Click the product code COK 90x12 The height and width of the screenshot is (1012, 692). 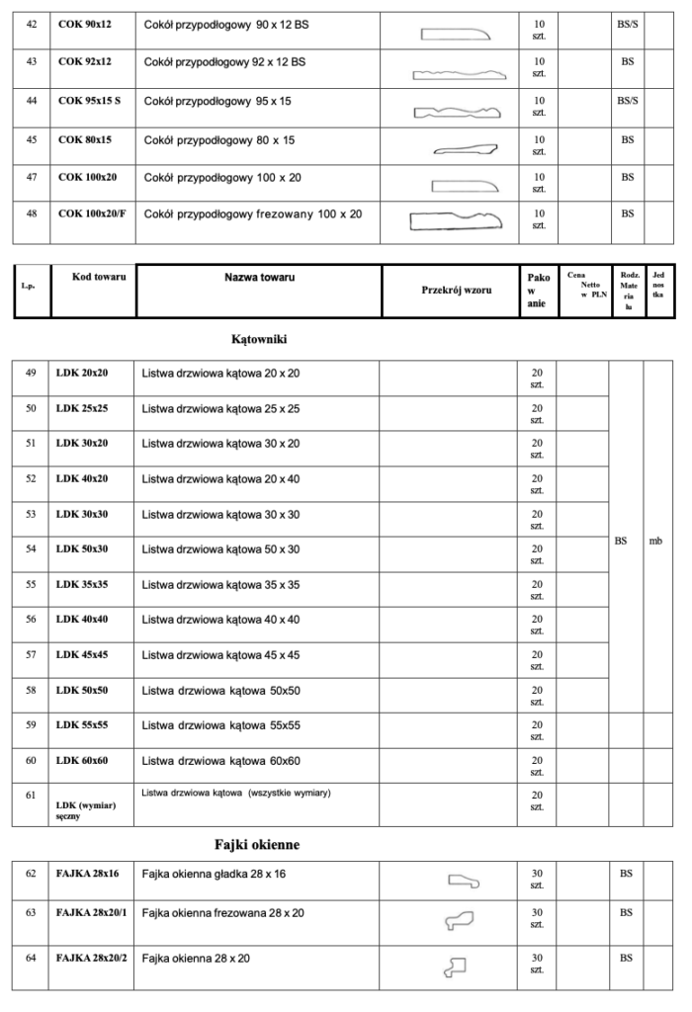pos(85,23)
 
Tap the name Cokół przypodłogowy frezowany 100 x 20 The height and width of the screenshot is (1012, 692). pos(253,213)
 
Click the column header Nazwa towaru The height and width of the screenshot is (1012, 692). pos(259,278)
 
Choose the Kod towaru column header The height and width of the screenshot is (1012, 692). pos(99,278)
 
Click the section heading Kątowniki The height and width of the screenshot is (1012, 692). pos(259,339)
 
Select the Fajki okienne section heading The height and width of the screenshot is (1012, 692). pos(257,845)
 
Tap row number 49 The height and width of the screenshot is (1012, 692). pos(31,373)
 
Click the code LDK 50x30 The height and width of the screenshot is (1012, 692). pos(82,548)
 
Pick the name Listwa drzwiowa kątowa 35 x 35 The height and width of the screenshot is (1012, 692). pos(220,584)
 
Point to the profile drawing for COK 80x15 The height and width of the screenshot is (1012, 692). pos(466,150)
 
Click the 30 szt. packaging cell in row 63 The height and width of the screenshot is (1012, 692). pos(538,918)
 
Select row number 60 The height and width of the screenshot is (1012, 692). pos(31,760)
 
